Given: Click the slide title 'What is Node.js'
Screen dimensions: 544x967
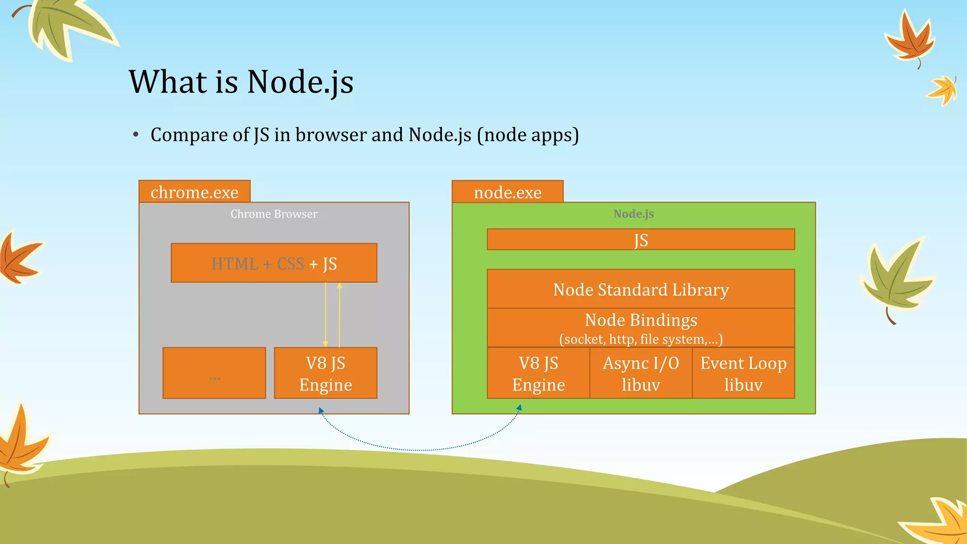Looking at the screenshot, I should click(x=241, y=82).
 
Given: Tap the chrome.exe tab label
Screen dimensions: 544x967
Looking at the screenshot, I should click(x=195, y=192).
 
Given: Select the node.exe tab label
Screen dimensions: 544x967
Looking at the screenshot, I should click(x=508, y=192).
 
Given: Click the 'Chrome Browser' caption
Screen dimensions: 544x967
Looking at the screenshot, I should click(x=274, y=214).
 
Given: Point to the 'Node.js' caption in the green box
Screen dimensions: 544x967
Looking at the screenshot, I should click(x=634, y=214).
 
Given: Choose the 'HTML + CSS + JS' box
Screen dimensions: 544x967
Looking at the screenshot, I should click(x=274, y=263).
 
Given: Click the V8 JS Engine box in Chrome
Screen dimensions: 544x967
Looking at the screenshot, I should click(x=325, y=373).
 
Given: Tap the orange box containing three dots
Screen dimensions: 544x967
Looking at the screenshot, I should click(x=214, y=373).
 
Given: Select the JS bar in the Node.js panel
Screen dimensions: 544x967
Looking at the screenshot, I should click(x=641, y=239).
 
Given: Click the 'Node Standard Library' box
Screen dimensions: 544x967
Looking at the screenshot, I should click(x=641, y=289).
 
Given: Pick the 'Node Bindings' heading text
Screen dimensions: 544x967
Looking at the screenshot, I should click(x=641, y=320).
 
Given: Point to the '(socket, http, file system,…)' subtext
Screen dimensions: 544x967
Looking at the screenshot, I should click(x=641, y=339).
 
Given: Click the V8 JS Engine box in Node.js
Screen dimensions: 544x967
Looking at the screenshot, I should click(x=538, y=373).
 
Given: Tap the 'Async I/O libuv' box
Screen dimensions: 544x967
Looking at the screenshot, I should click(x=641, y=373).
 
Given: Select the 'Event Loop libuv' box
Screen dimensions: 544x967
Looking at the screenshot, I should click(x=743, y=373).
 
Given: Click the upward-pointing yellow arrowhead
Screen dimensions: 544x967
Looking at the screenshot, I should click(x=339, y=286).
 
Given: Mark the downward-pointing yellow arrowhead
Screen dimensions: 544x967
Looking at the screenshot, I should click(x=325, y=344).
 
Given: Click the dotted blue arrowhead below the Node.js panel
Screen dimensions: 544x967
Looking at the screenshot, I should click(x=519, y=408).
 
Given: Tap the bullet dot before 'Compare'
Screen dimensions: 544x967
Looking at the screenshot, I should click(x=136, y=135).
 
